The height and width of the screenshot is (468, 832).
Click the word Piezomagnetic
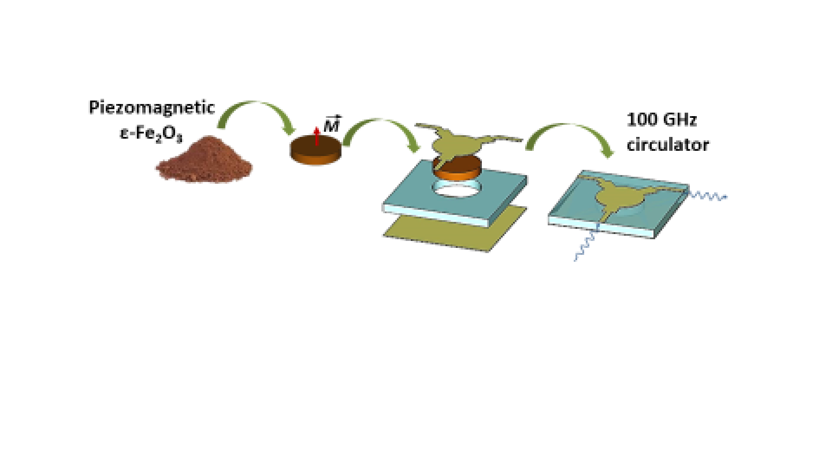point(152,107)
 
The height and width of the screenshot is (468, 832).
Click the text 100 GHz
point(662,120)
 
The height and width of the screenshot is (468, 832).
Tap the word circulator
point(668,145)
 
